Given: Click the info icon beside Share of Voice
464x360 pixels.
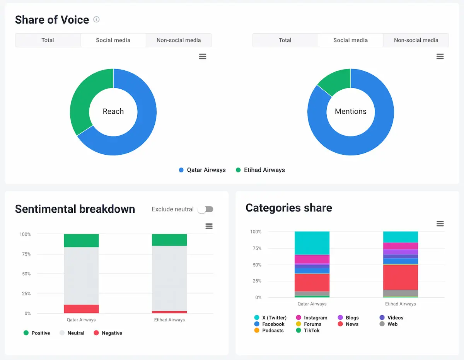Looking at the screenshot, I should (x=97, y=19).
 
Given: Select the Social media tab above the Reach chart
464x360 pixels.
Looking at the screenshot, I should (x=113, y=40).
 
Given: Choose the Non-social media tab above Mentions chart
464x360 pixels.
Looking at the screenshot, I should (x=416, y=40).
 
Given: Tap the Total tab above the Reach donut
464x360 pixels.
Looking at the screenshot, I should (x=48, y=40).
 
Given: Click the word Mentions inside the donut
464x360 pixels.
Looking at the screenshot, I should (x=350, y=111).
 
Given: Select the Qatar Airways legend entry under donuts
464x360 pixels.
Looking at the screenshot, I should (x=202, y=170).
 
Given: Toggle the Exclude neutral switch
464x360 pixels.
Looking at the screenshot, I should (x=205, y=209).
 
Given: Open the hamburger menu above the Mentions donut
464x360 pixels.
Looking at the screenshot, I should (x=440, y=56).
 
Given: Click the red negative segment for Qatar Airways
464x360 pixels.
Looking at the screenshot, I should (x=81, y=309).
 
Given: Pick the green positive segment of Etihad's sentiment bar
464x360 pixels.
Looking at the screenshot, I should (x=169, y=240).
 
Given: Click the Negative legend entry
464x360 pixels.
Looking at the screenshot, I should (x=108, y=333).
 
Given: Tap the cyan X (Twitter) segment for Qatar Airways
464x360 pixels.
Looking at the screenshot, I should (x=312, y=243).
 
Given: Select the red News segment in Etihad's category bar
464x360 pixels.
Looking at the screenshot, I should (x=400, y=277).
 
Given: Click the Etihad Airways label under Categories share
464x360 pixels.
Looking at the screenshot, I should (x=400, y=304).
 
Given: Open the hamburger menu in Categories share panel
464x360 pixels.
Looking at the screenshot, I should (x=440, y=224).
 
